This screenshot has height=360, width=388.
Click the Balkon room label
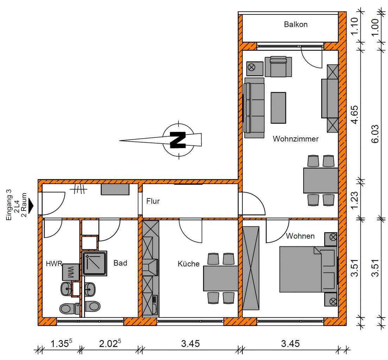click(x=296, y=25)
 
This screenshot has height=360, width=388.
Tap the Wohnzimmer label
click(x=296, y=139)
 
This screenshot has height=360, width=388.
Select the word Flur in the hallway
click(x=153, y=201)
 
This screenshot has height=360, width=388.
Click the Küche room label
click(x=189, y=264)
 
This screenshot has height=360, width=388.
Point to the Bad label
click(x=120, y=263)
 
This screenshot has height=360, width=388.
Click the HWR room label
click(x=54, y=264)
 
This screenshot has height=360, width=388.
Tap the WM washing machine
click(x=71, y=272)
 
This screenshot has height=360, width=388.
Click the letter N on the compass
click(x=178, y=140)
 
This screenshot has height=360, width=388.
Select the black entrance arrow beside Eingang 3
click(x=31, y=206)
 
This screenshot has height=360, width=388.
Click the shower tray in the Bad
click(x=94, y=264)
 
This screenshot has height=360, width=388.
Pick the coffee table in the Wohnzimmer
click(x=278, y=108)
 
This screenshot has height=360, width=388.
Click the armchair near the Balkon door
click(x=278, y=67)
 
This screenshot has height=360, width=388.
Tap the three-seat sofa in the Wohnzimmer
click(x=254, y=108)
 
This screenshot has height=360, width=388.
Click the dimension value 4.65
click(x=355, y=114)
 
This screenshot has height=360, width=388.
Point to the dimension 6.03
click(x=375, y=134)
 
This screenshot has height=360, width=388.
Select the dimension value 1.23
click(x=355, y=200)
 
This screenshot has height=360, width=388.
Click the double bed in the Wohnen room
click(x=308, y=269)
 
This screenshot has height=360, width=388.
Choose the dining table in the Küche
click(x=221, y=278)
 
